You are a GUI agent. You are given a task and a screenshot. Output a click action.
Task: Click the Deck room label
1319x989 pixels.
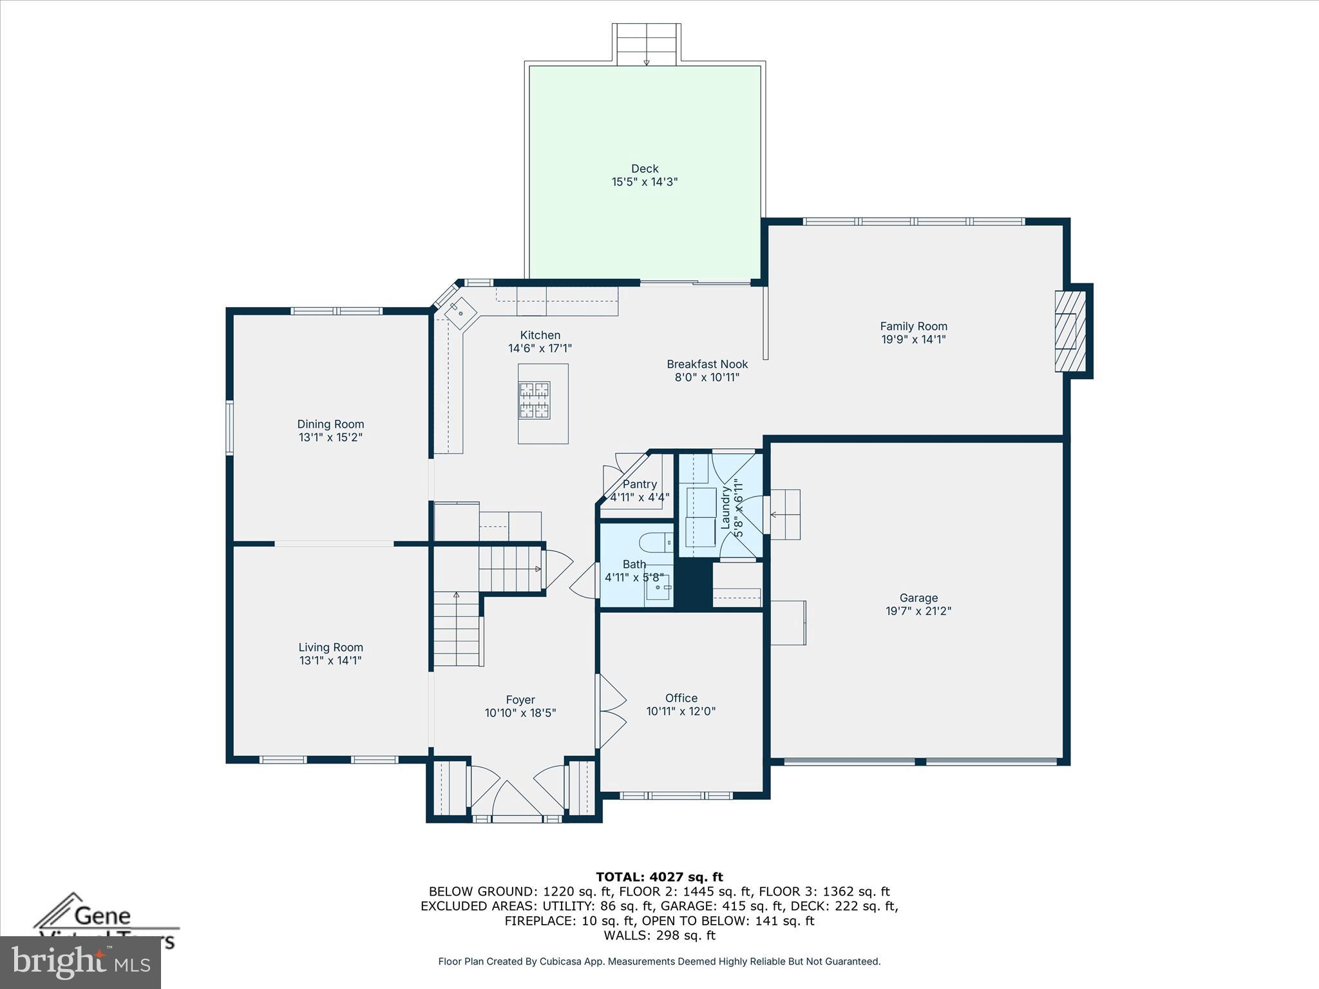coord(644,169)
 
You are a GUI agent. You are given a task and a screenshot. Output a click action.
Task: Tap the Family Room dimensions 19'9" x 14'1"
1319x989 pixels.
coord(913,340)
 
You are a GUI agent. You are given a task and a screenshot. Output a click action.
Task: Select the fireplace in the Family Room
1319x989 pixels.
coord(1070,331)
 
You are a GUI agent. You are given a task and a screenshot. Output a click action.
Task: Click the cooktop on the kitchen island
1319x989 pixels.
coord(535,400)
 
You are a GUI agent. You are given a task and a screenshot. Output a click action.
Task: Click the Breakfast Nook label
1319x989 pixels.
coord(707,364)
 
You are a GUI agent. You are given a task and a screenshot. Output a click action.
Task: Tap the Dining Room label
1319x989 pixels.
coord(330,424)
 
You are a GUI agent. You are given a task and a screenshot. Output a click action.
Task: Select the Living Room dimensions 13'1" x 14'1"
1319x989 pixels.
coord(330,661)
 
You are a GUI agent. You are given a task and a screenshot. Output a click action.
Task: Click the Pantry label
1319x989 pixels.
coord(640,484)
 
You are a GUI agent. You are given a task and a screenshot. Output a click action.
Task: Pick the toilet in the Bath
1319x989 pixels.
coord(658,543)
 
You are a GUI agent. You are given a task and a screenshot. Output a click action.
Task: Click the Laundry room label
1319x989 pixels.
coord(726,507)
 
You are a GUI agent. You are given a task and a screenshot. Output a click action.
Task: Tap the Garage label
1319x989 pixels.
coord(918,598)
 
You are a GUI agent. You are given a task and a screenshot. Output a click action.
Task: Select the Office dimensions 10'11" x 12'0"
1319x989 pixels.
coord(681,711)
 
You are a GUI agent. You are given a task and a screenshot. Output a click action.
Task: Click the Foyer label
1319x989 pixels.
coord(520,700)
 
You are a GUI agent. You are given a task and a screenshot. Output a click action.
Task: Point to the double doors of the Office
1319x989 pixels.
coord(612,711)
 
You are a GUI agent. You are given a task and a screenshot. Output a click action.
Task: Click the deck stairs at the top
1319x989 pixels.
coord(646,44)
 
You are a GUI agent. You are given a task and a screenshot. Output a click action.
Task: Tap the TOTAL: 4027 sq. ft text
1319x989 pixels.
coord(659,877)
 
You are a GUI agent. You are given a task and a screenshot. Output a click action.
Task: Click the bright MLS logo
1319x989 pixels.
coord(80,962)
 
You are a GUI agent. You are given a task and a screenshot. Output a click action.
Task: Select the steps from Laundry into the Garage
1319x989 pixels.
coord(786,514)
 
